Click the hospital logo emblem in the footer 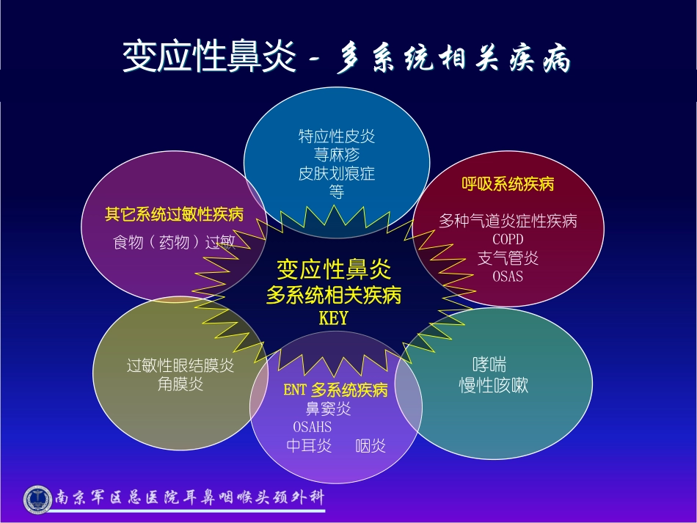[37, 500]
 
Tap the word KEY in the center [333, 318]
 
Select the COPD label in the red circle [508, 240]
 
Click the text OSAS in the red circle [508, 277]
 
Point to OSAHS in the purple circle [312, 427]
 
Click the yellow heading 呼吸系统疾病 [508, 184]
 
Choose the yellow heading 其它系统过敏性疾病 [175, 215]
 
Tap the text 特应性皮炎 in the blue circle [337, 136]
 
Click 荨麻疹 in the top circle [337, 155]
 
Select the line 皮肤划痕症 [337, 173]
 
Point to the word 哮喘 [489, 365]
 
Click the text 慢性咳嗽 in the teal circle [494, 385]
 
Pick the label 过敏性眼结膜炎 [180, 366]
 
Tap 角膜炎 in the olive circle [180, 384]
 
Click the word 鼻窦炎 [329, 409]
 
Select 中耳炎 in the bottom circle [309, 446]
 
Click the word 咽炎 [371, 446]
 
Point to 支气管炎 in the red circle [508, 258]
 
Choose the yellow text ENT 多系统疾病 [335, 390]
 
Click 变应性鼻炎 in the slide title [209, 56]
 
